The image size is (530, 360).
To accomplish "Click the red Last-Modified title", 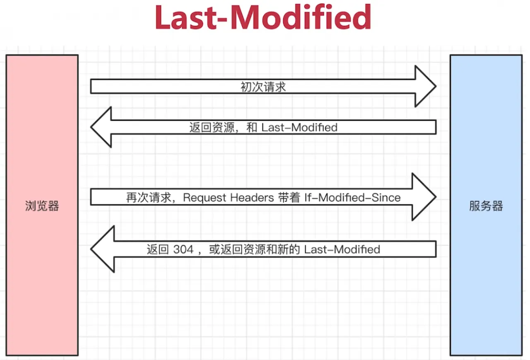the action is pos(263,17).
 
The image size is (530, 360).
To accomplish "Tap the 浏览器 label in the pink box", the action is pos(42,205).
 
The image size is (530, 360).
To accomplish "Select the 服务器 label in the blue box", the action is pos(486,205).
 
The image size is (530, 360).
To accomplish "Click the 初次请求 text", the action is pos(263,87).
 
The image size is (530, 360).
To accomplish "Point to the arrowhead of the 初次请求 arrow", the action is pos(436,87).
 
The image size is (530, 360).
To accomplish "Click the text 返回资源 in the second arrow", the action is pos(212,128).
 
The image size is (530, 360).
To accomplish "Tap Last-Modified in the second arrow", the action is pos(299,128).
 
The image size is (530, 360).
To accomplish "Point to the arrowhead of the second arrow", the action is pos(91,127).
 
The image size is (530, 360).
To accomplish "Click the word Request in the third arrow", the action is pos(205,198).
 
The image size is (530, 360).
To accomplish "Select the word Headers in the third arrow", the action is pos(252,197).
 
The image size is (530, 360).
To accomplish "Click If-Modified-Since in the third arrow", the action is pos(352,197).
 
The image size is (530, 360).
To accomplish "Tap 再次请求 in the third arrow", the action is pos(149,198).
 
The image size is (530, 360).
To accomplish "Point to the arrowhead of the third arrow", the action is pos(436,197).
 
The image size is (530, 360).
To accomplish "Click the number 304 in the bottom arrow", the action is pos(183,249).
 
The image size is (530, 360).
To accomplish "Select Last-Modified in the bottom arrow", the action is pos(342,249).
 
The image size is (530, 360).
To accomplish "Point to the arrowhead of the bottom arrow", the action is pos(91,249).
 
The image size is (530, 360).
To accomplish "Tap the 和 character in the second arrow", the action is pos(252,128).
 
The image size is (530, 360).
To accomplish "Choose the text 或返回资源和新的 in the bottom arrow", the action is pos(255,249).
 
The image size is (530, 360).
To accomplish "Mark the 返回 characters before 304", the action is pos(158,249).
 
